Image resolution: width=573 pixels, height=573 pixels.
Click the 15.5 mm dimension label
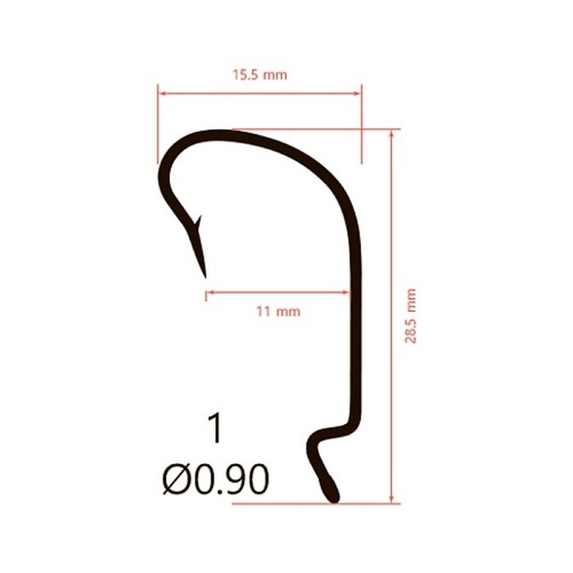259,75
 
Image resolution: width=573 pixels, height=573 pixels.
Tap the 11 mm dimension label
278,311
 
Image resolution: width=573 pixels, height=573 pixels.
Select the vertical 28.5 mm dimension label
410,316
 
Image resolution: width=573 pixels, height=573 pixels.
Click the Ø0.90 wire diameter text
215,479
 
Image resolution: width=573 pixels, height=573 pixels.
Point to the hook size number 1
215,429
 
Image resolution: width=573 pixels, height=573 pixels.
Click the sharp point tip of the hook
205,277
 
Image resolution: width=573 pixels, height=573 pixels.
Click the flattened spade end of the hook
330,490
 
